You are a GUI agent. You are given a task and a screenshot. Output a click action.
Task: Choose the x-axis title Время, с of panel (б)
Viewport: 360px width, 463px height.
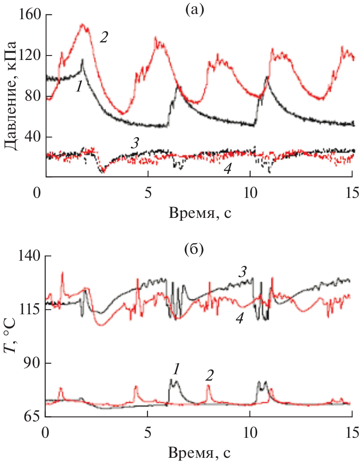click(x=200, y=453)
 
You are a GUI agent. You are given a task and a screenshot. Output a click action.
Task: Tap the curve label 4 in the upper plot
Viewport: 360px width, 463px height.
click(x=227, y=169)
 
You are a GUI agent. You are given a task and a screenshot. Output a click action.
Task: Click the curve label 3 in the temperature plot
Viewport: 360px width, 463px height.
click(x=242, y=272)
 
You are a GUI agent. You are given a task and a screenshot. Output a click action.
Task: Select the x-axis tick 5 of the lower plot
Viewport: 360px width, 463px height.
click(x=148, y=433)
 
